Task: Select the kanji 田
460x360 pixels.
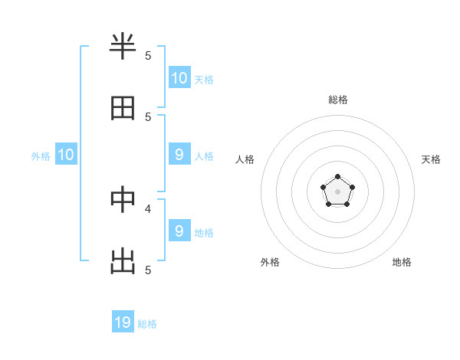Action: tap(123, 108)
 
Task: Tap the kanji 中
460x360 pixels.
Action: tap(123, 199)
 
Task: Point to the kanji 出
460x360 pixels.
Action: tap(123, 261)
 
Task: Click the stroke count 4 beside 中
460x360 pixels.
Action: tap(148, 208)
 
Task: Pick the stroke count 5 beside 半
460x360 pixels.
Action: tap(148, 55)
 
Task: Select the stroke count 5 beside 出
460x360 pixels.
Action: tap(148, 270)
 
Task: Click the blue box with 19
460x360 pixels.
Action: tap(123, 322)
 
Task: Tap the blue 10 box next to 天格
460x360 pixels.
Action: tap(179, 78)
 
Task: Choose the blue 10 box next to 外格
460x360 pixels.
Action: tap(66, 155)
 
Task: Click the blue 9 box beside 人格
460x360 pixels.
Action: tap(179, 155)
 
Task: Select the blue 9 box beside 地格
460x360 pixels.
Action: tap(179, 231)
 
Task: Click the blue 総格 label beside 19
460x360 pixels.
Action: tap(147, 324)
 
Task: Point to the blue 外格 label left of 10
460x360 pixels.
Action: tap(41, 156)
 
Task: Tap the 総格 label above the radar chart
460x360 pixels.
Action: tap(337, 100)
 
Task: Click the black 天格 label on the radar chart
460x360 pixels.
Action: tap(431, 159)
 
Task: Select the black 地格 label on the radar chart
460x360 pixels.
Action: tap(402, 262)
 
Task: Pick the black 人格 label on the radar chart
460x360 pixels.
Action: tap(245, 159)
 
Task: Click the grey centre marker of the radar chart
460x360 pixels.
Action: tap(337, 191)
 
